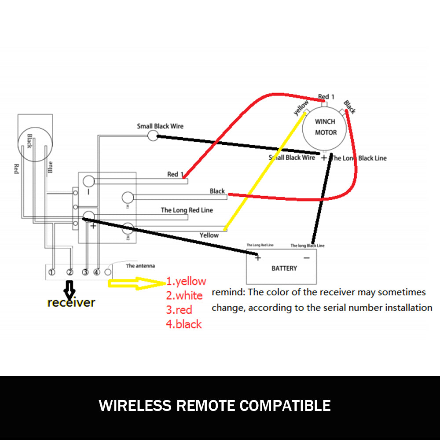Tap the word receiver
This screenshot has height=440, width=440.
tap(71, 302)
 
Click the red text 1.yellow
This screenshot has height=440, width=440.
tap(186, 281)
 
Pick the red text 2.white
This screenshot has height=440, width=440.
tap(184, 295)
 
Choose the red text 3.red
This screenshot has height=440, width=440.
tap(179, 310)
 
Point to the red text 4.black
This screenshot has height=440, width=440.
tap(184, 324)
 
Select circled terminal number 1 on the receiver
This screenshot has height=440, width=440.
tap(52, 272)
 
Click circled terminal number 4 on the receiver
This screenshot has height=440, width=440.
tap(97, 272)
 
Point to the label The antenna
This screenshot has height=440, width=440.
tap(140, 266)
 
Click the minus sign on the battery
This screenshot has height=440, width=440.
tap(307, 258)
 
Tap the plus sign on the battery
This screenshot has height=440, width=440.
tap(258, 258)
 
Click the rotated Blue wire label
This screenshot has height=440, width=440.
tap(50, 167)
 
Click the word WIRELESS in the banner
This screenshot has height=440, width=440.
tap(135, 405)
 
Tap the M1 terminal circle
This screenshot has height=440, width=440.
tap(128, 197)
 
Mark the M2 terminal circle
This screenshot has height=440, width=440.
tap(128, 229)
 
